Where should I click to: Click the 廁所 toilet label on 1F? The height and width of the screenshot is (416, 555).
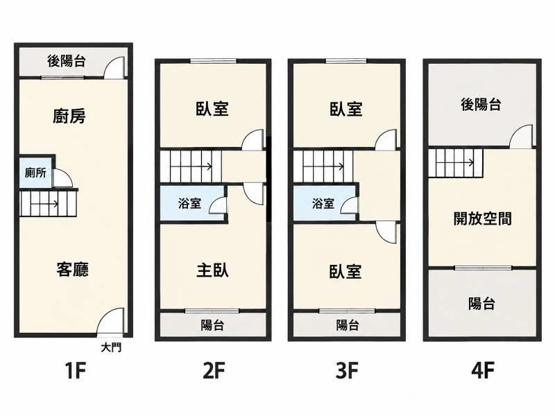[x=36, y=173]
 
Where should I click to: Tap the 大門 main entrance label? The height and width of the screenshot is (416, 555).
[x=111, y=347]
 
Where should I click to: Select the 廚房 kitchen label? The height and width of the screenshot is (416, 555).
[x=69, y=116]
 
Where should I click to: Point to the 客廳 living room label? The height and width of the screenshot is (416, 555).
[x=73, y=269]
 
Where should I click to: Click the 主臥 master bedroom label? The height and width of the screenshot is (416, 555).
[x=212, y=270]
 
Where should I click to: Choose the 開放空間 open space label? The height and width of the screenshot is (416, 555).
[x=482, y=218]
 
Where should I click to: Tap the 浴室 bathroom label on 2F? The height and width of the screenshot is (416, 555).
[x=189, y=203]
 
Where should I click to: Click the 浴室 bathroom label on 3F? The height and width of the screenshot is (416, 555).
[x=323, y=203]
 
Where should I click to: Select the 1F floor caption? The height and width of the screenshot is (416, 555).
[x=76, y=371]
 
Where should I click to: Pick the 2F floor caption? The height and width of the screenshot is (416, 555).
[x=214, y=371]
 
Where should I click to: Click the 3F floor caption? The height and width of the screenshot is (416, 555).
[x=347, y=371]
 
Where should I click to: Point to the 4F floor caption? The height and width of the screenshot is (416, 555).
[x=483, y=371]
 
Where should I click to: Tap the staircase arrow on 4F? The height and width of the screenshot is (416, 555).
[x=460, y=163]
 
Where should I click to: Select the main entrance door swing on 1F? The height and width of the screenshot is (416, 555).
[x=110, y=321]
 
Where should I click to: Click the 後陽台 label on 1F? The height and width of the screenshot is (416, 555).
[x=66, y=61]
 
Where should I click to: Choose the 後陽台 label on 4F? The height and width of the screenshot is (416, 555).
[x=481, y=105]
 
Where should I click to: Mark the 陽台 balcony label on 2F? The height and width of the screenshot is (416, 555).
[x=212, y=325]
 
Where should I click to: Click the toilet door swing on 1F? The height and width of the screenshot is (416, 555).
[x=63, y=178]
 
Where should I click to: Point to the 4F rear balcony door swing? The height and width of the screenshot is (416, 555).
[x=521, y=136]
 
